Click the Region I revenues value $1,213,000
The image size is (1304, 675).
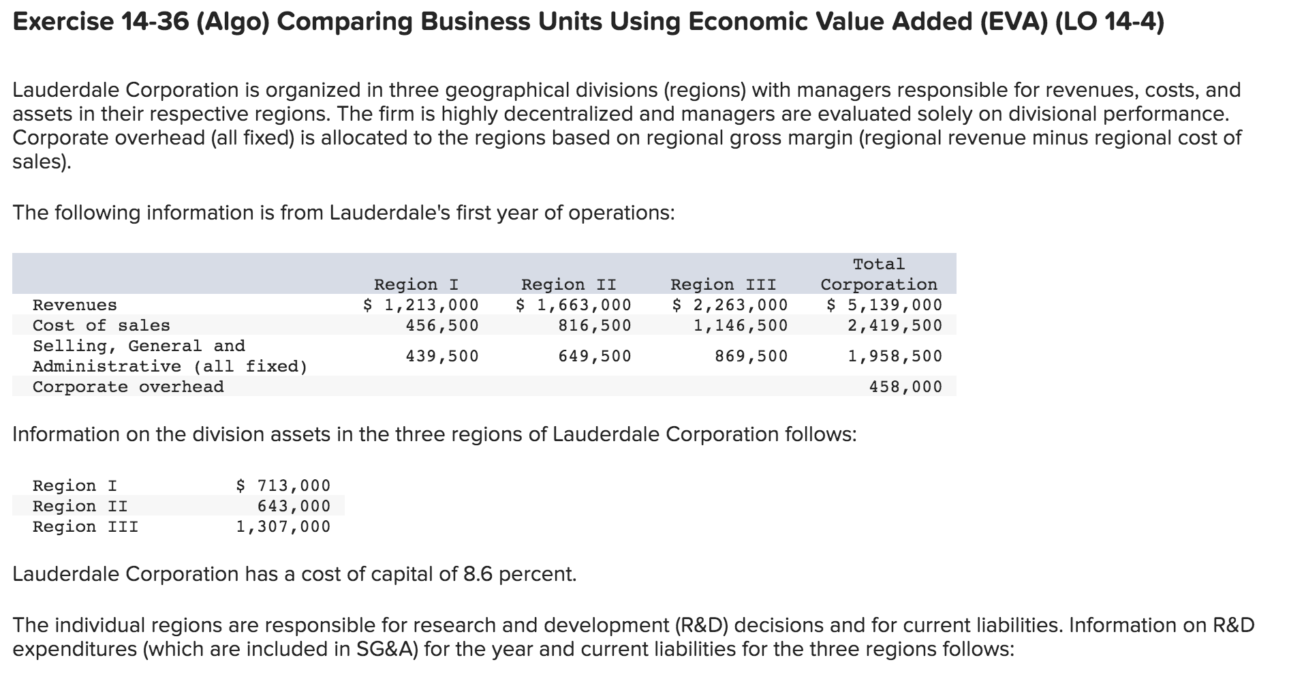pos(421,305)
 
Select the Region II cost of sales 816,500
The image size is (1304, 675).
pos(594,325)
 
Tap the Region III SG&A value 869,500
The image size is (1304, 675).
pos(751,356)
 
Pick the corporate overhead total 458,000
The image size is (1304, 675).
pos(905,387)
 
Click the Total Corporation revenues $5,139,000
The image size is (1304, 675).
pos(884,305)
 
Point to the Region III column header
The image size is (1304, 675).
pos(723,284)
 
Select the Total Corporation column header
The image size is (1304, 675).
pos(879,275)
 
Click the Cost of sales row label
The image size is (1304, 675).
pos(102,325)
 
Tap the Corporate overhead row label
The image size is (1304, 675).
pos(128,387)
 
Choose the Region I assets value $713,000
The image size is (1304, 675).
pos(283,485)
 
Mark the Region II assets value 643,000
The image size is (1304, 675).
pos(293,506)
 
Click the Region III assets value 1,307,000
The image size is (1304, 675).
pos(283,526)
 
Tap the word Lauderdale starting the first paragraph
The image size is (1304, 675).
pos(66,90)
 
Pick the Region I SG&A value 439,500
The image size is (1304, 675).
pos(441,356)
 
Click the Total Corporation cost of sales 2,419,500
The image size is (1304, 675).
pos(895,325)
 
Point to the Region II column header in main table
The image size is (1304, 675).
pos(568,284)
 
